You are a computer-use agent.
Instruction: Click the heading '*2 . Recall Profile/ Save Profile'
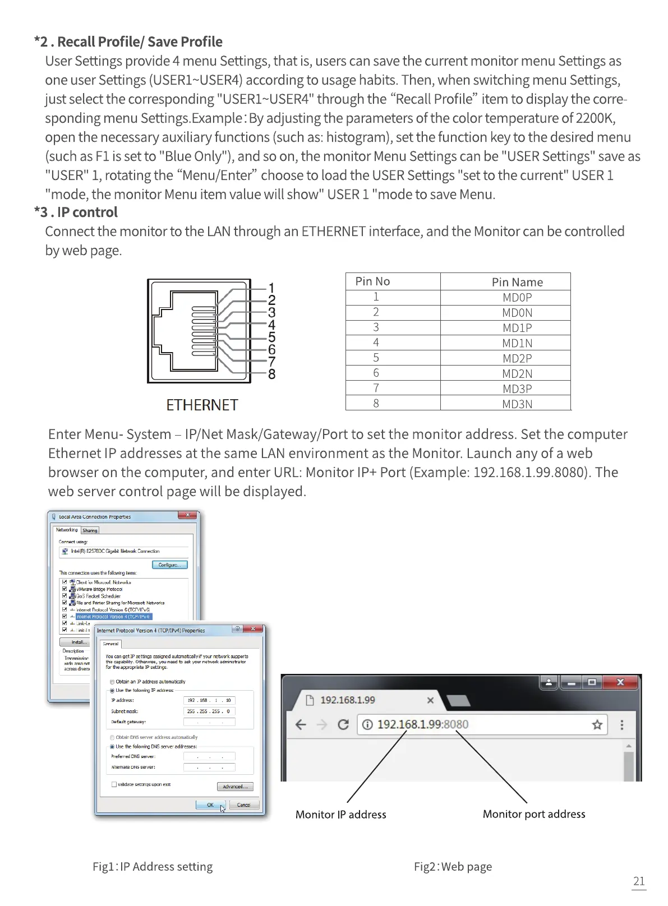[x=128, y=42]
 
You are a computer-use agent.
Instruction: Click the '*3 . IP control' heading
[x=76, y=212]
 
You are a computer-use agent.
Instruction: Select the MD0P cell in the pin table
[x=517, y=298]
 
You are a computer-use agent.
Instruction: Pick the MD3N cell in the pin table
[x=517, y=404]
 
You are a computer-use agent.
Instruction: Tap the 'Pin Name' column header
[x=517, y=282]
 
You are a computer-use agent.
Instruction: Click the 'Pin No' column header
[x=372, y=281]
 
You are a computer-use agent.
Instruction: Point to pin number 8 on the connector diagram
[x=272, y=374]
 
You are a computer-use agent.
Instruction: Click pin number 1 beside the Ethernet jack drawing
[x=272, y=289]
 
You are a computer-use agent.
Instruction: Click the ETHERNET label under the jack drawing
[x=202, y=405]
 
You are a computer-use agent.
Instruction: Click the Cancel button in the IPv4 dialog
[x=243, y=805]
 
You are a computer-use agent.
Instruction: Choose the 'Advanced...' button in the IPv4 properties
[x=235, y=787]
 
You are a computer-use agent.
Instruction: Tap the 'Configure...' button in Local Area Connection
[x=169, y=565]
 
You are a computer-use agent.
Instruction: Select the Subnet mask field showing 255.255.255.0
[x=209, y=711]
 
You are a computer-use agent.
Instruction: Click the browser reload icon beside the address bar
[x=343, y=725]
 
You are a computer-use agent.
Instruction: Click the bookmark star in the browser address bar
[x=597, y=725]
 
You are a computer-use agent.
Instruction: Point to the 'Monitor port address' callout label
[x=534, y=814]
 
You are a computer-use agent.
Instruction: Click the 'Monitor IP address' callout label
[x=341, y=815]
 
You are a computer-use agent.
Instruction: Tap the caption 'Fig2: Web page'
[x=453, y=867]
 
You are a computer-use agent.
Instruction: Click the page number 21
[x=639, y=881]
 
